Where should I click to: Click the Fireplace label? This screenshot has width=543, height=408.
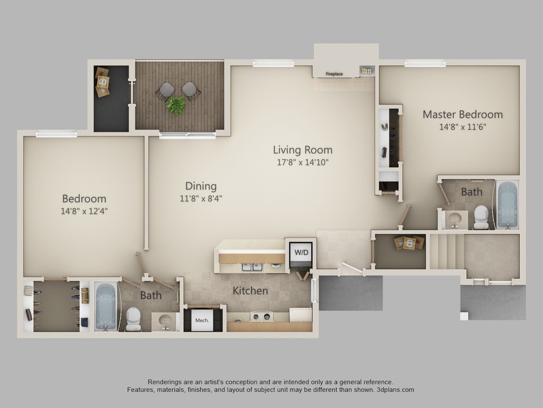point(334,74)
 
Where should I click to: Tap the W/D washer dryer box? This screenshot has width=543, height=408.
point(301,252)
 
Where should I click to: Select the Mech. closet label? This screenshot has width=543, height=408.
point(202,321)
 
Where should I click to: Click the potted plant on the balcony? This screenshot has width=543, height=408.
point(176,104)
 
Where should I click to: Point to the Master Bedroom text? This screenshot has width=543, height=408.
point(462,115)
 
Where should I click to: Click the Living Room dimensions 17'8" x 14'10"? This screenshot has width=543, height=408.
point(303,162)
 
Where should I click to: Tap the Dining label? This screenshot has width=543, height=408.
point(201,186)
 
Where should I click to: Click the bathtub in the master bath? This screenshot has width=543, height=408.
point(507,204)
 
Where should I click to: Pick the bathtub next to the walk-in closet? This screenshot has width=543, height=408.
point(105,306)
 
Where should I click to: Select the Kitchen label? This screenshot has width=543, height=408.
point(250,291)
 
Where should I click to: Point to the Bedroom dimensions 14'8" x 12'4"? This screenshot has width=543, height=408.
point(84,211)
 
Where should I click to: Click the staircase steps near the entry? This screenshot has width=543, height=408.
point(446,251)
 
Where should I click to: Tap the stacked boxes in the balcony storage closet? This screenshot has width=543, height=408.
point(102,82)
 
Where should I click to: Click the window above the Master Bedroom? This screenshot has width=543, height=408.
point(425,63)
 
